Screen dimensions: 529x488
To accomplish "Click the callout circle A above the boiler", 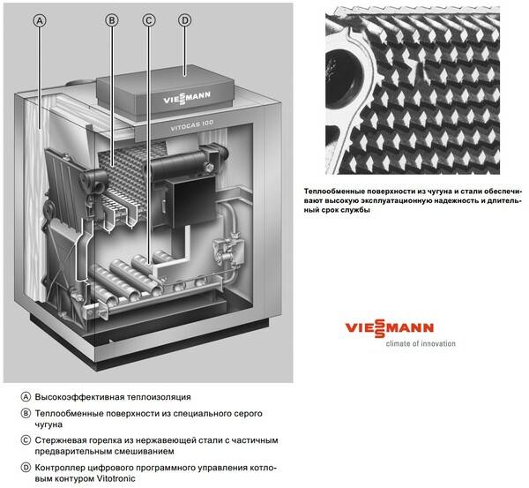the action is pyautogui.click(x=40, y=21).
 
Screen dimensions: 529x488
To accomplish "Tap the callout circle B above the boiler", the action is pyautogui.click(x=112, y=20).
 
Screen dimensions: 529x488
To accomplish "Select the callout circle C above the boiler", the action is pyautogui.click(x=148, y=20).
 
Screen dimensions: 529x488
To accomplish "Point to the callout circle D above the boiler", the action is pyautogui.click(x=184, y=20).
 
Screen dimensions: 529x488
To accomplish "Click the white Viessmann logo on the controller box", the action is pyautogui.click(x=187, y=98).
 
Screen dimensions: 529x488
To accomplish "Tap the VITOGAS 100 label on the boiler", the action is pyautogui.click(x=191, y=124).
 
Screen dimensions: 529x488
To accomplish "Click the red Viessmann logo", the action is pyautogui.click(x=390, y=328).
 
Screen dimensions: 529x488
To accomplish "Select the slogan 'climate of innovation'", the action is pyautogui.click(x=421, y=344).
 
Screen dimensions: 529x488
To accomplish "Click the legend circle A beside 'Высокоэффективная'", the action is pyautogui.click(x=26, y=397).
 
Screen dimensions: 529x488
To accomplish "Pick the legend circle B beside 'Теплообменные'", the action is pyautogui.click(x=26, y=413).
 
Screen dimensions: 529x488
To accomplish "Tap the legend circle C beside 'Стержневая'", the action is pyautogui.click(x=26, y=440).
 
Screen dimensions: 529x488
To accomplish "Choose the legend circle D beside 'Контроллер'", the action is pyautogui.click(x=26, y=468).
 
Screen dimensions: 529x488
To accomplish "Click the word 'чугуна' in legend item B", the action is pyautogui.click(x=48, y=424).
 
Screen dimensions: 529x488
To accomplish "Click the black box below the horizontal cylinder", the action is pyautogui.click(x=190, y=200).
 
